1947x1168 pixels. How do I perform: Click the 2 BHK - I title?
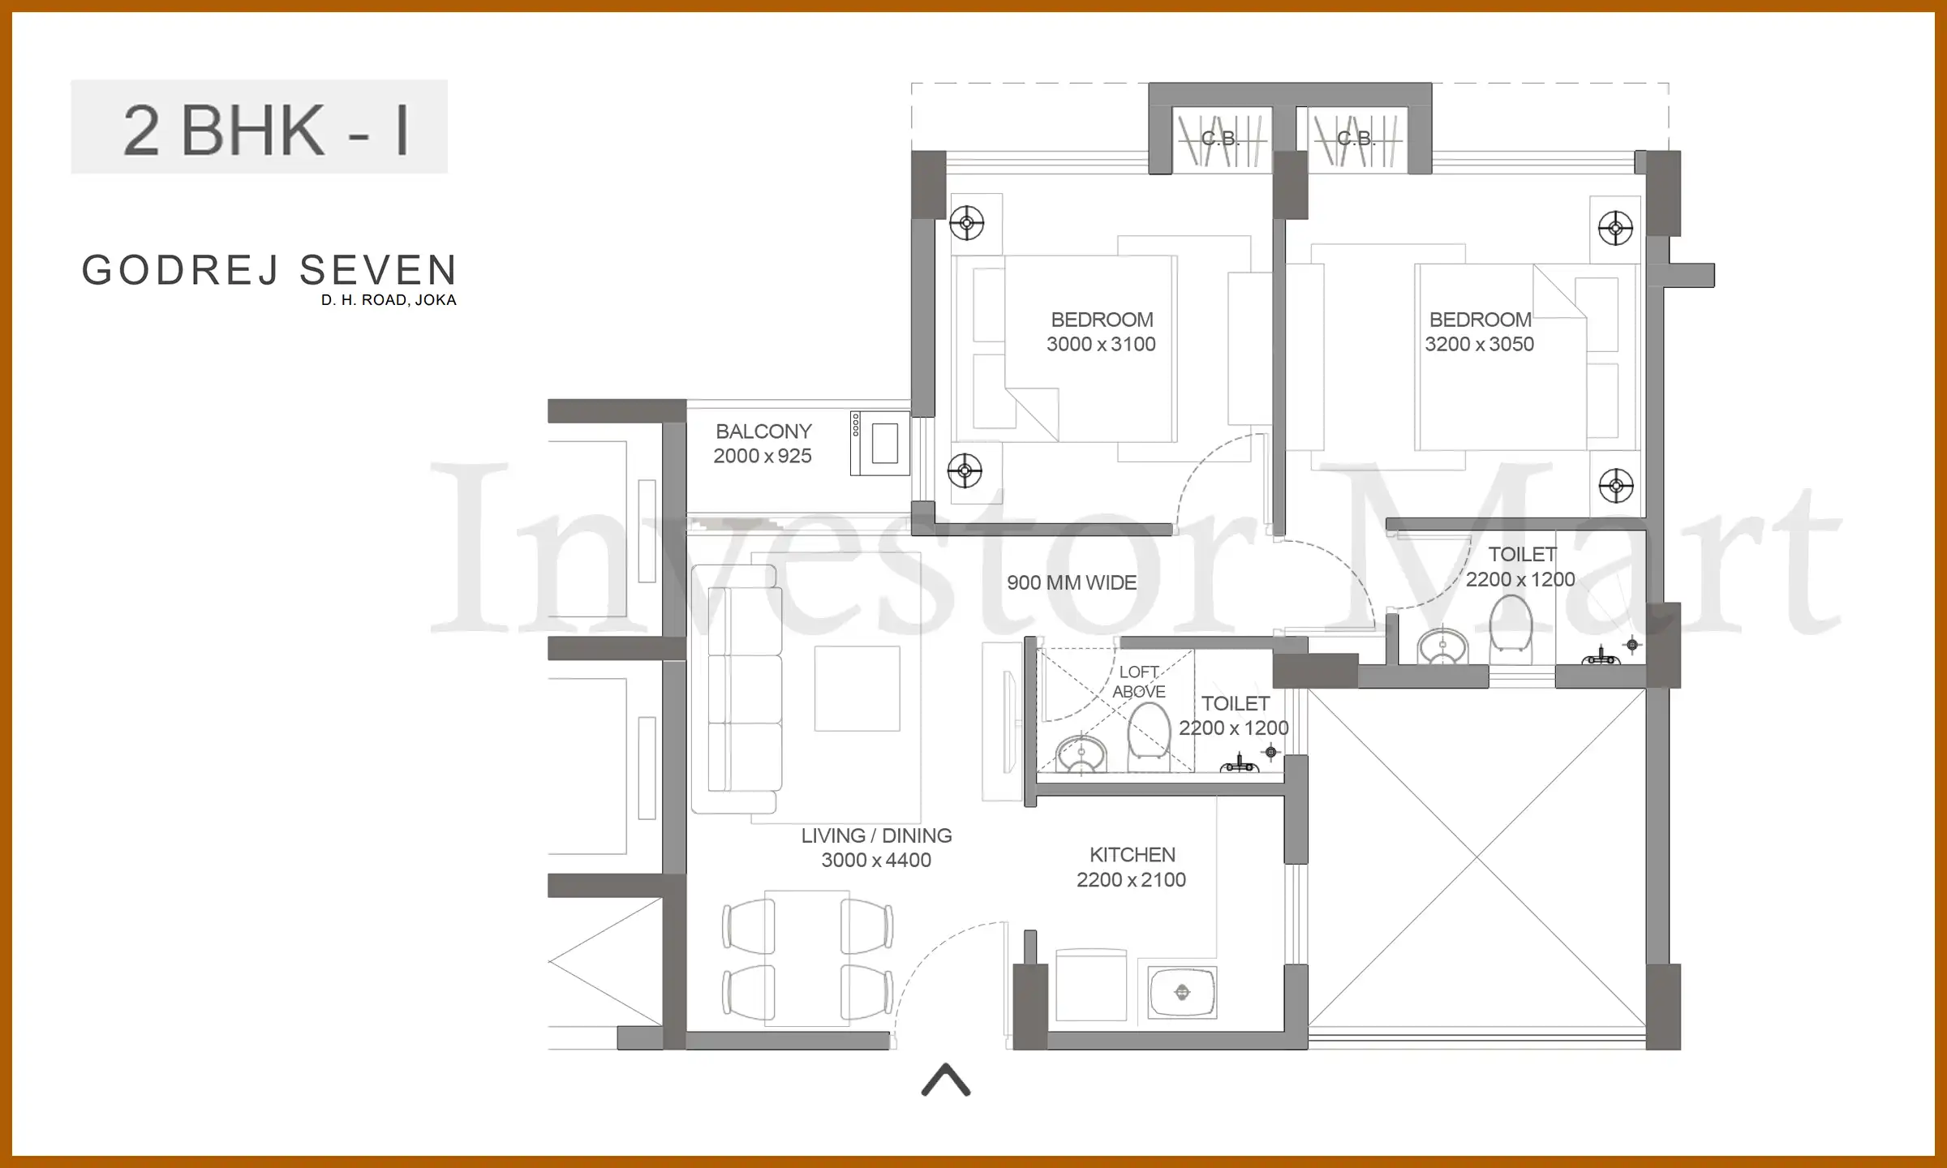pyautogui.click(x=266, y=130)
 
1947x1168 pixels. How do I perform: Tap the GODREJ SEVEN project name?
pyautogui.click(x=269, y=271)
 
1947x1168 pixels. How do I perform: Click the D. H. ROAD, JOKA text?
pyautogui.click(x=389, y=300)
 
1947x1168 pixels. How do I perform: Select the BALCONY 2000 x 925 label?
pyautogui.click(x=763, y=444)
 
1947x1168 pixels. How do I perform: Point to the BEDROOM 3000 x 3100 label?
pyautogui.click(x=1101, y=332)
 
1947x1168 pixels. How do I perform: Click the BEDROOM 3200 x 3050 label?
pyautogui.click(x=1479, y=332)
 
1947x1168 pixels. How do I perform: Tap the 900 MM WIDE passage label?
pyautogui.click(x=1071, y=582)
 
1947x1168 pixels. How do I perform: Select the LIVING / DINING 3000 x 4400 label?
pyautogui.click(x=876, y=848)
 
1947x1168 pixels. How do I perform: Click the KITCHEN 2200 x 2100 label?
pyautogui.click(x=1131, y=867)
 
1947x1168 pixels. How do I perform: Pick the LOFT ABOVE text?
pyautogui.click(x=1139, y=682)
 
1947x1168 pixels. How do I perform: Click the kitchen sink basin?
pyautogui.click(x=1182, y=992)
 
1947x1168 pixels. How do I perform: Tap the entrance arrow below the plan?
pyautogui.click(x=946, y=1080)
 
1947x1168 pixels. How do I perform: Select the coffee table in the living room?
pyautogui.click(x=857, y=688)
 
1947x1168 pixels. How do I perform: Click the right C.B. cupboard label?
pyautogui.click(x=1356, y=139)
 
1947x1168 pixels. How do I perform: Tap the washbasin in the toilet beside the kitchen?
pyautogui.click(x=1081, y=754)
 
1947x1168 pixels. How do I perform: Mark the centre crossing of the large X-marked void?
pyautogui.click(x=1477, y=857)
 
